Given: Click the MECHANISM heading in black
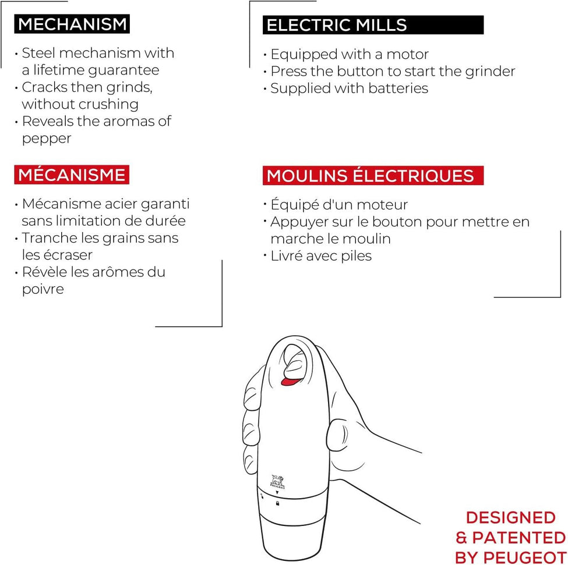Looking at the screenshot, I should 72,24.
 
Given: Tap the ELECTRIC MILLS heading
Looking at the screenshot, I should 337,25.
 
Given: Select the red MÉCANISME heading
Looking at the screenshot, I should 72,175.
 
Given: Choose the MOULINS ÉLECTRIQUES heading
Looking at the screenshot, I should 370,176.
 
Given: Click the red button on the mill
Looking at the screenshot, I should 288,381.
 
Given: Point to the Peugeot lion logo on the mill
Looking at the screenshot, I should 277,481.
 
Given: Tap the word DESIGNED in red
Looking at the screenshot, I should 510,517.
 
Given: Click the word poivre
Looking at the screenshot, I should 43,289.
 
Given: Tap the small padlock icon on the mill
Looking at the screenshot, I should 277,503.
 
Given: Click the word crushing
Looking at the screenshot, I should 111,104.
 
